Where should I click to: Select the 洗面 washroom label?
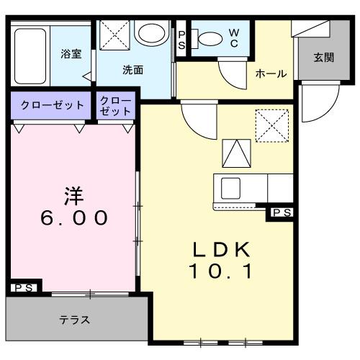(132, 70)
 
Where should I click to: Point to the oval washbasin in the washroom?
(150, 33)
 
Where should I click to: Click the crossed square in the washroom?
(113, 34)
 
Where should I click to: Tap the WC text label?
(234, 38)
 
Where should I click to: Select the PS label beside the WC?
(181, 39)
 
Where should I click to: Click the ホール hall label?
(271, 73)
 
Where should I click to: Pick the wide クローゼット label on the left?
(50, 105)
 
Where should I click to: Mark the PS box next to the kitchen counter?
(282, 212)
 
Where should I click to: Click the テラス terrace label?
(74, 320)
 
